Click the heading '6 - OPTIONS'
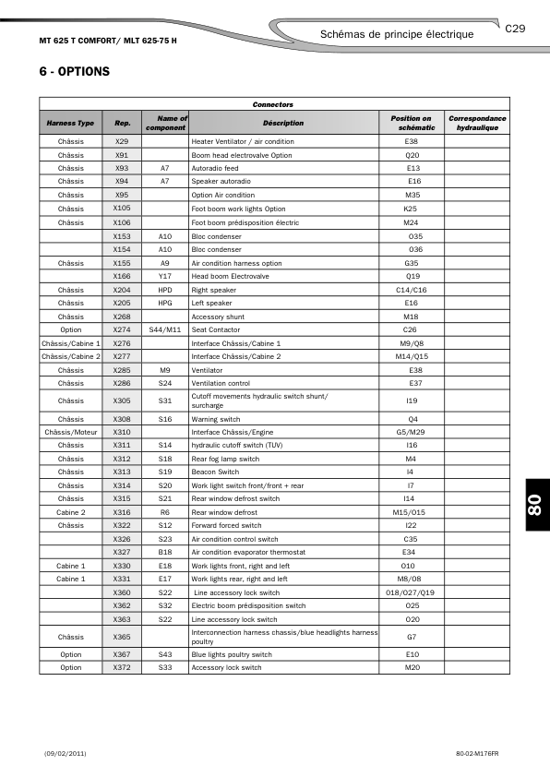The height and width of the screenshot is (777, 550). [x=75, y=71]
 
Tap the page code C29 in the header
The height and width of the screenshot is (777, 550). [x=515, y=29]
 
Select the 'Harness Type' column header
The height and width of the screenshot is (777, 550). [x=70, y=123]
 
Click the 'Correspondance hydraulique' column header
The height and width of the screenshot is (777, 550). [x=477, y=123]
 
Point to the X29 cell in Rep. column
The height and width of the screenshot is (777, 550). [x=122, y=141]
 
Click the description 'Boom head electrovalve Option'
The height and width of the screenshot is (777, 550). [x=241, y=155]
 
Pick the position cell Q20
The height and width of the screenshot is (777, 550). [x=412, y=155]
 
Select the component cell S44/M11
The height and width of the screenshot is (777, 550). [x=165, y=329]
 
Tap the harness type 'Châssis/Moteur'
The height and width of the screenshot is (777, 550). [x=70, y=431]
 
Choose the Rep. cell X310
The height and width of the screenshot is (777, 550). [x=122, y=431]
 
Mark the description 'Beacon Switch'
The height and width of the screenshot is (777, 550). [x=215, y=472]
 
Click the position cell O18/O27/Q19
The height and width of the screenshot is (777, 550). [x=412, y=592]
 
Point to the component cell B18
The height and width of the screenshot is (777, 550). [x=165, y=552]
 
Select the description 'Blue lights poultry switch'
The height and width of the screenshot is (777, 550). [x=232, y=654]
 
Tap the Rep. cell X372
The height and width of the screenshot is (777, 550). [x=122, y=667]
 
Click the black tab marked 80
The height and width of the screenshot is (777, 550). [x=532, y=506]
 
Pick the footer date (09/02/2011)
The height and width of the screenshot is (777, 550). [x=65, y=753]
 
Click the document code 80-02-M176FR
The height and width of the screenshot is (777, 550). [x=476, y=753]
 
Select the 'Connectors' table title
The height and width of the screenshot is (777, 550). [x=273, y=105]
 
